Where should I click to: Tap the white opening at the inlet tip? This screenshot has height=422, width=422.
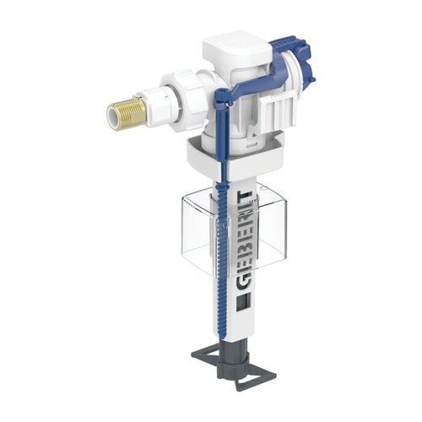[112, 116]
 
